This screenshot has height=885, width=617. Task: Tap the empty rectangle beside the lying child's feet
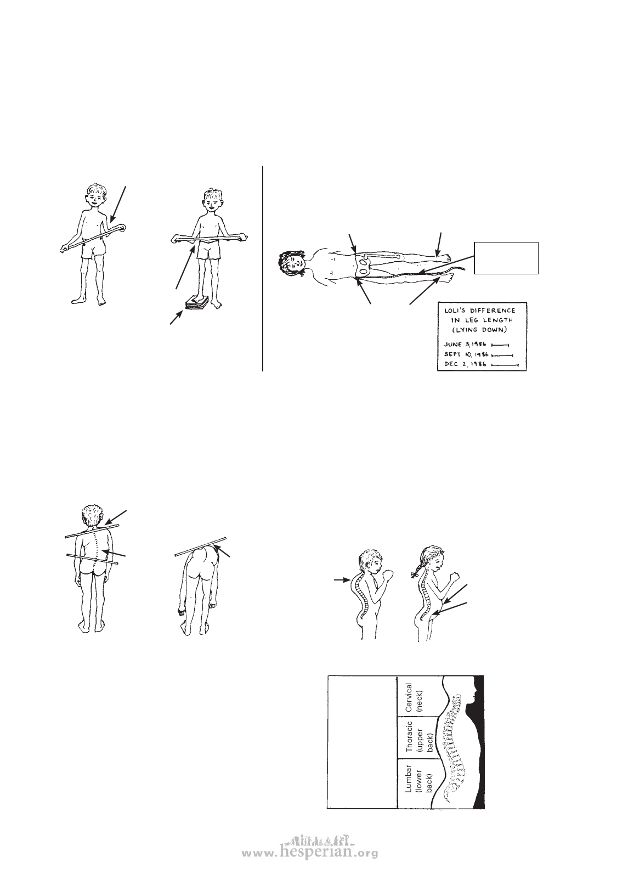coord(506,258)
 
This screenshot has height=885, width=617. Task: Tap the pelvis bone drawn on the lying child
coord(364,266)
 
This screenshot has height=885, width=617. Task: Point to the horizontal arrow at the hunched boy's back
coord(342,580)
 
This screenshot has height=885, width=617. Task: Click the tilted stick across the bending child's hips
coord(201,547)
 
